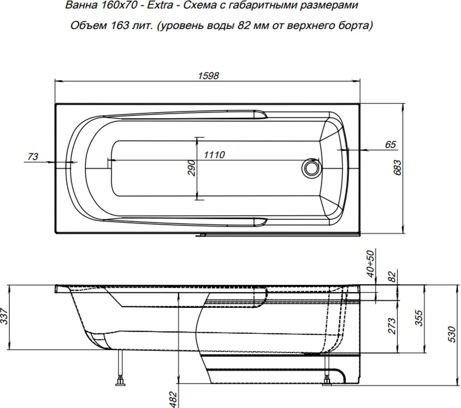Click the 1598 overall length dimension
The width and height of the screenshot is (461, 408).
[208, 76]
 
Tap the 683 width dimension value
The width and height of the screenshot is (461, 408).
[397, 167]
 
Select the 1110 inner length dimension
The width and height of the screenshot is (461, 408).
[214, 155]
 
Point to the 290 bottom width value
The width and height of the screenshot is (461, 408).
[192, 168]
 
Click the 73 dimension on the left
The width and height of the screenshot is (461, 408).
[33, 156]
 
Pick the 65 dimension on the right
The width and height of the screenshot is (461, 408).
[391, 144]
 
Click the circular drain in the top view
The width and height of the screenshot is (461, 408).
[310, 168]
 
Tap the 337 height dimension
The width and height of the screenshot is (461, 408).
[4, 316]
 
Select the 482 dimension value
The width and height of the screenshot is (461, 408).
[174, 400]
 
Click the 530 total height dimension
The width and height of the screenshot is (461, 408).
[453, 334]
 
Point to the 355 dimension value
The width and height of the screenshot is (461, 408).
[419, 318]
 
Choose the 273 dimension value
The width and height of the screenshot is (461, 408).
[392, 326]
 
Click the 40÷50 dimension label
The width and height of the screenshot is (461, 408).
[371, 264]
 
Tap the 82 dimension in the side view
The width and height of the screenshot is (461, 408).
[392, 276]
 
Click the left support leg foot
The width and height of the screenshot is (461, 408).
[120, 382]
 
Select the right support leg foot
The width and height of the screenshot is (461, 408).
[327, 382]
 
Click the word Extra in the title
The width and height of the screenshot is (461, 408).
[160, 5]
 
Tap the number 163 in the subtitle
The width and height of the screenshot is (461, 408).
[120, 26]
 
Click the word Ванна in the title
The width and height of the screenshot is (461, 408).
[81, 5]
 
